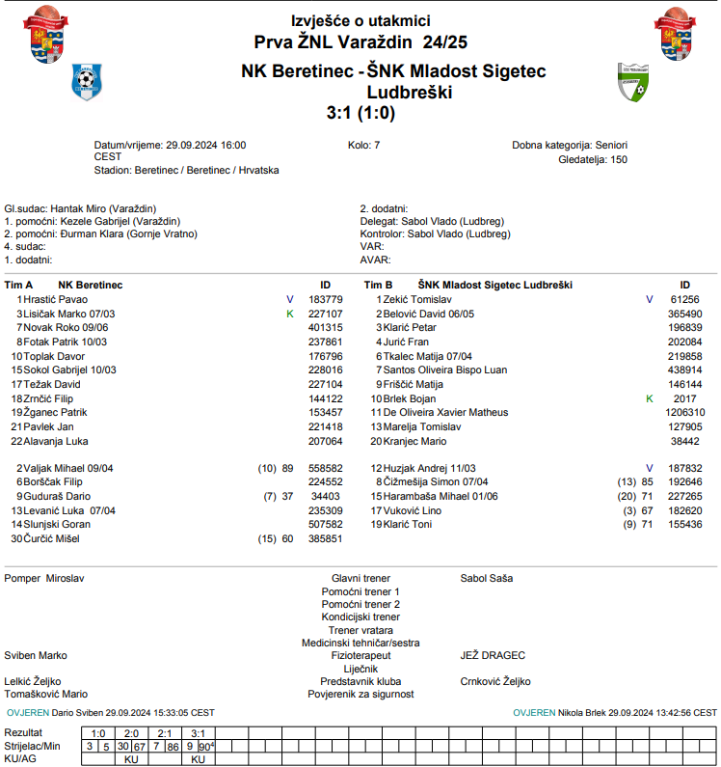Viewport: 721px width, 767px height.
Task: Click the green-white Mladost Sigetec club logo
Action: tap(633, 84)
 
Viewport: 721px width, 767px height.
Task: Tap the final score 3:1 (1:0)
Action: tap(360, 113)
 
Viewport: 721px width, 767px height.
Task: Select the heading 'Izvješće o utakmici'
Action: tap(360, 20)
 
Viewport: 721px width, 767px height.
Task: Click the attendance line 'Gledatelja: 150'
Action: tap(593, 159)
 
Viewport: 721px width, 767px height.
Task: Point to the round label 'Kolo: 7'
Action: tap(363, 145)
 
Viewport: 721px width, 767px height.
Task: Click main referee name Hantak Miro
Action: tap(80, 208)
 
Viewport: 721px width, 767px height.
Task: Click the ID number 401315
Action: tap(325, 327)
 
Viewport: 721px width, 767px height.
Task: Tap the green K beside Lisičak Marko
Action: tap(289, 314)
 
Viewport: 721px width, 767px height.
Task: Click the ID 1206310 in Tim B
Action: tap(684, 412)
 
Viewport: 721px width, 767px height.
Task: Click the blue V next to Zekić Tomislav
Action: tap(649, 299)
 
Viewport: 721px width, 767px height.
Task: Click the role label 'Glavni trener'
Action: tap(360, 579)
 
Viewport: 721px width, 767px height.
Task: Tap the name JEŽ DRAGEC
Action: tap(493, 655)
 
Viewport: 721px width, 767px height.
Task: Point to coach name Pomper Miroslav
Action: tap(44, 579)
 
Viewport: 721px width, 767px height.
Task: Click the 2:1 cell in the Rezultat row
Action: tap(165, 733)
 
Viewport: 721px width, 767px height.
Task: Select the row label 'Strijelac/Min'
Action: tap(33, 746)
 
